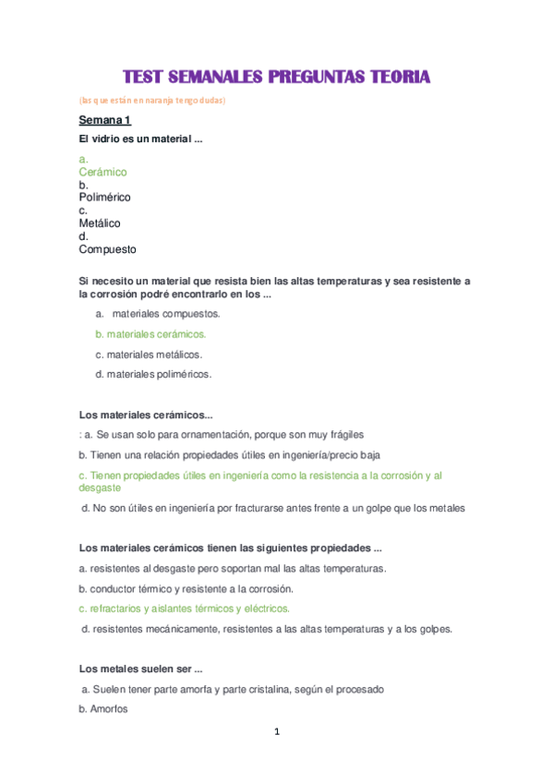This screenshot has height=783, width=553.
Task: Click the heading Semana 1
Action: click(x=104, y=121)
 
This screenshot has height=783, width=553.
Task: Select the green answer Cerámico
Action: click(x=102, y=172)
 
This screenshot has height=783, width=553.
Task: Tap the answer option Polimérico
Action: click(x=104, y=198)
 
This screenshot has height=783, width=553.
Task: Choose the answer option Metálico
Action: click(x=99, y=223)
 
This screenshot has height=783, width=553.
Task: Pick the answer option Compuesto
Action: click(x=107, y=249)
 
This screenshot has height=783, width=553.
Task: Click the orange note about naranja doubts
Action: click(x=152, y=100)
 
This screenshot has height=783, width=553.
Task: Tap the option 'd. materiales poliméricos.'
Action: click(x=153, y=375)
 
